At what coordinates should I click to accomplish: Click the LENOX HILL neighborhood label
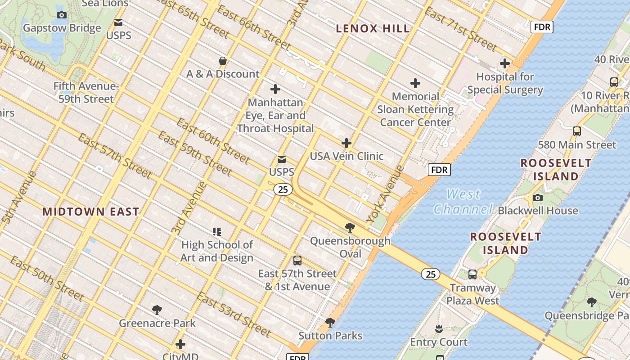[x=373, y=29]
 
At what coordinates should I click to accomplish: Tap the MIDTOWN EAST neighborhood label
[x=91, y=211]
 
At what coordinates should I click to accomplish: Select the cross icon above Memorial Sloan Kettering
[x=415, y=83]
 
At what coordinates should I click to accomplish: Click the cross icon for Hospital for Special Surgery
[x=505, y=63]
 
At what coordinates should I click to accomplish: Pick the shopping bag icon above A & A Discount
[x=222, y=61]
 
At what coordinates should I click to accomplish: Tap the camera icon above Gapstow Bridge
[x=62, y=15]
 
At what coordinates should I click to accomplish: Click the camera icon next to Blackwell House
[x=537, y=198]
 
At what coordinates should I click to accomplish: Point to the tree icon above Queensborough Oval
[x=350, y=228]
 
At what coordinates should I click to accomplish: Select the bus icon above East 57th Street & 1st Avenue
[x=297, y=260]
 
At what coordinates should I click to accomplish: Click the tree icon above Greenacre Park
[x=157, y=310]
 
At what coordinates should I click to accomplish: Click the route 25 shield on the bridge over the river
[x=431, y=274]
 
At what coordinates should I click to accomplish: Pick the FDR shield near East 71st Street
[x=542, y=27]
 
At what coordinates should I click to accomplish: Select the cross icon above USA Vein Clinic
[x=346, y=143]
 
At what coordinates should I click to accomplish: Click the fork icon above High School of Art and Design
[x=217, y=232]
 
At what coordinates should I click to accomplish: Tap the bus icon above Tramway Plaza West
[x=472, y=274]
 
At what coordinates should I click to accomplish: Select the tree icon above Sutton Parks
[x=330, y=322]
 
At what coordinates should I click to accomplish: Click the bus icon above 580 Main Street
[x=576, y=131]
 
